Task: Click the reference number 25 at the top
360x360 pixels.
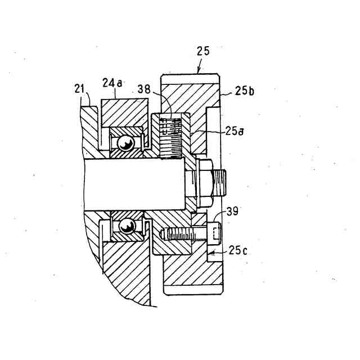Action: point(202,51)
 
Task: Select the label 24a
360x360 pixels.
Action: point(112,83)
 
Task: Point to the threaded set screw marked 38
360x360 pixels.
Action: point(169,136)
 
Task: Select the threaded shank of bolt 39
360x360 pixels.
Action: point(180,232)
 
